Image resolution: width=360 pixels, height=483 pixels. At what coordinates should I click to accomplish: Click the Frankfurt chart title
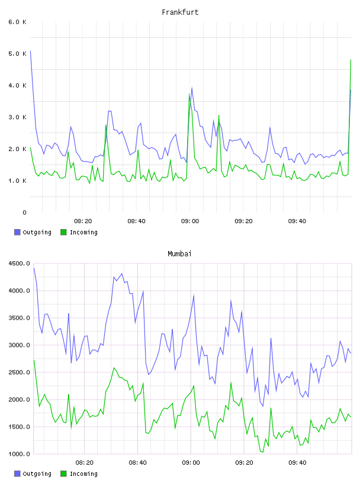[x=180, y=12]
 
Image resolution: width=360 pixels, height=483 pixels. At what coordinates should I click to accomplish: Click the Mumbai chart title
[x=179, y=254]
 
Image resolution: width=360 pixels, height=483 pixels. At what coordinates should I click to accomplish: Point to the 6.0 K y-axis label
[x=18, y=22]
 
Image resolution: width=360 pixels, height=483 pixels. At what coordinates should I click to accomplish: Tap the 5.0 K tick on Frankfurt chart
[x=18, y=54]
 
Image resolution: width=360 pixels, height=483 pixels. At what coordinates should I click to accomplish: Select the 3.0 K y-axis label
[x=18, y=117]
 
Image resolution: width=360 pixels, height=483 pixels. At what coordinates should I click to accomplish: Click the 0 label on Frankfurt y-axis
[x=25, y=212]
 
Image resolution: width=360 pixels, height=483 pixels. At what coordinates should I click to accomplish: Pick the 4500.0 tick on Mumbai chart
[x=19, y=263]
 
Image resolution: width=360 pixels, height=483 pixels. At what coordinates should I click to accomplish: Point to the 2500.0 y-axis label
[x=19, y=372]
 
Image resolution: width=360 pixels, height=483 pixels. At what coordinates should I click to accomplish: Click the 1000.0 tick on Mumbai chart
[x=19, y=454]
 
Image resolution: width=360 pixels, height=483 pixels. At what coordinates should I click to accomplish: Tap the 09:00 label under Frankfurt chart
[x=190, y=221]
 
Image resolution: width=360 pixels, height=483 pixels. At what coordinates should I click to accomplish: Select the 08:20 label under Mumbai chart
[x=84, y=463]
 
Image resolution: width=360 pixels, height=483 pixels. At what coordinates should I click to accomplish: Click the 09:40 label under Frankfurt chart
[x=297, y=221]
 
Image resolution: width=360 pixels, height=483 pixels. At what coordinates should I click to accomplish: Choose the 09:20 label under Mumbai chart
[x=244, y=463]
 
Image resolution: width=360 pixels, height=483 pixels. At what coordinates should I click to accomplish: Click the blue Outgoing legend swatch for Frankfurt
[x=17, y=232]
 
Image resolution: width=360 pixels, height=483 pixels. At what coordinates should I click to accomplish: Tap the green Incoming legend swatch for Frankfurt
[x=63, y=232]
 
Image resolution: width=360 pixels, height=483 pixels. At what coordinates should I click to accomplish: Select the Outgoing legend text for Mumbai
[x=37, y=474]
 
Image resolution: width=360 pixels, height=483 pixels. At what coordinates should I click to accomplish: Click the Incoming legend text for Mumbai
[x=83, y=474]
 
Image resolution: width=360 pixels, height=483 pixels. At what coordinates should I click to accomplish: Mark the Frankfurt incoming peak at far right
[x=351, y=60]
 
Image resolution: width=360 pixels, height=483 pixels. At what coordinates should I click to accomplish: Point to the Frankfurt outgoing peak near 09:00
[x=192, y=88]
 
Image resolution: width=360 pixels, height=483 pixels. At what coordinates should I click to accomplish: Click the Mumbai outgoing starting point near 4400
[x=34, y=268]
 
